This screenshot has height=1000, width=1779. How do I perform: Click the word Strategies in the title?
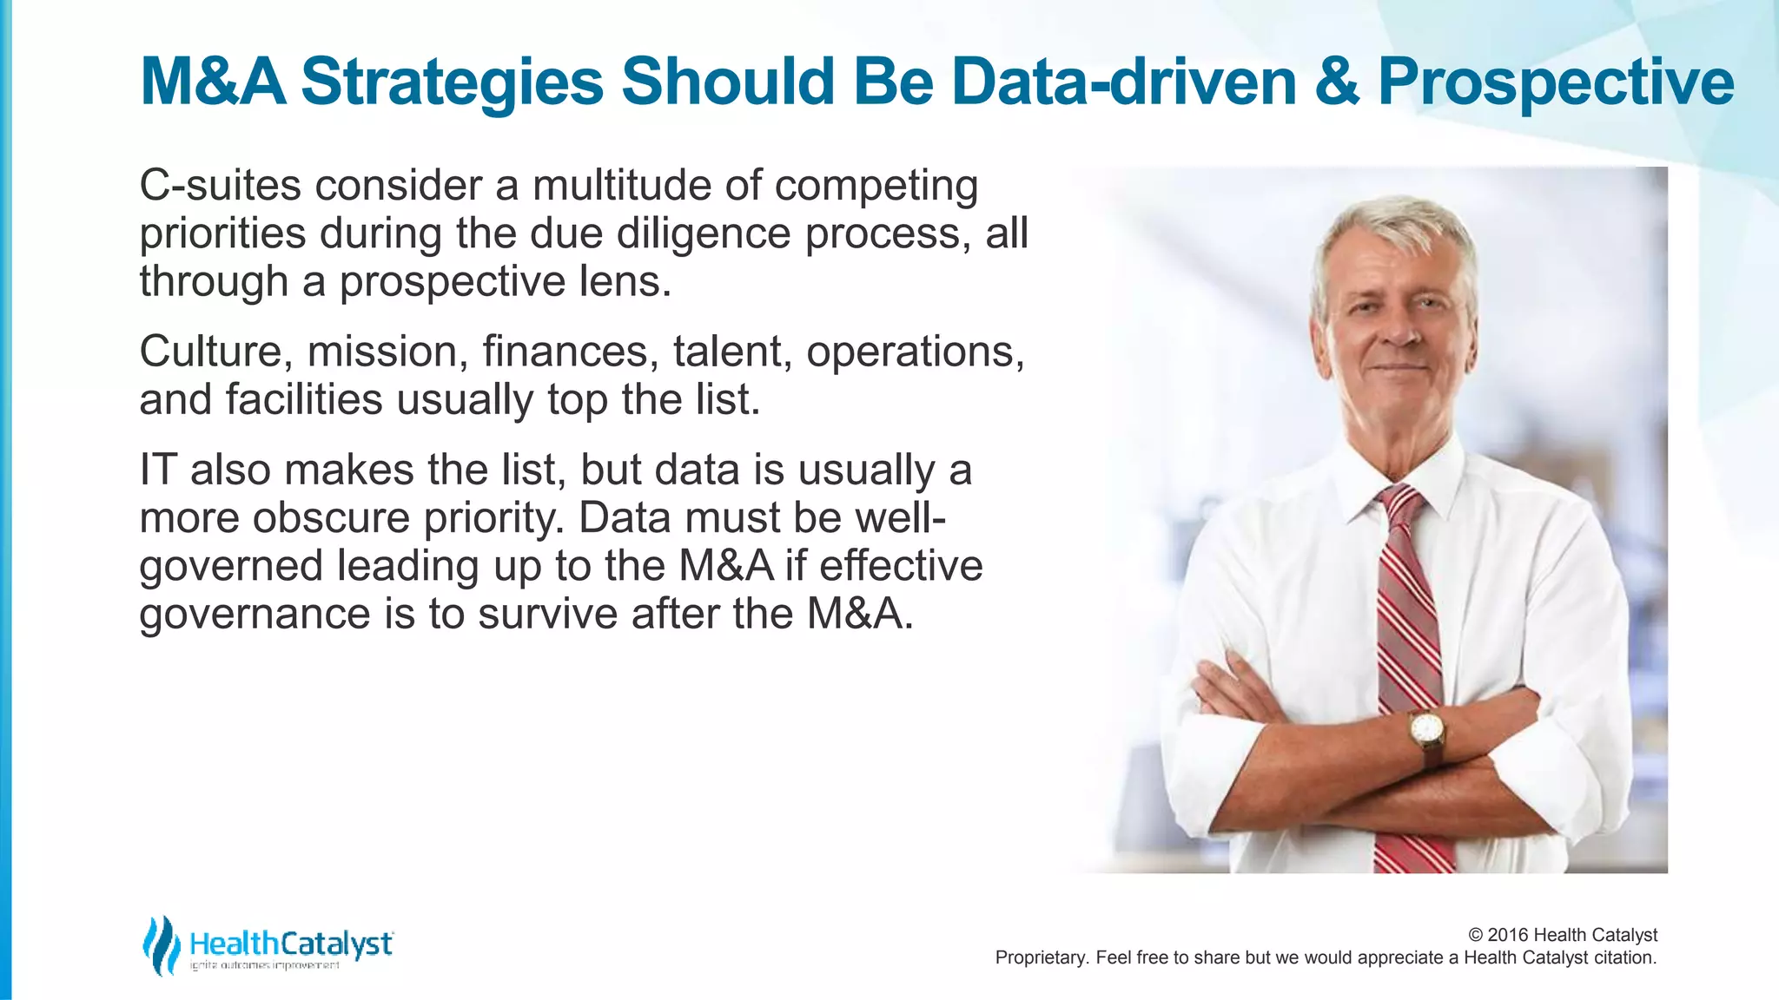[x=452, y=82]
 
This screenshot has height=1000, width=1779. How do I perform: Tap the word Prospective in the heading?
[x=1556, y=82]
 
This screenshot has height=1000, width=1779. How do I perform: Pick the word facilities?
[x=304, y=400]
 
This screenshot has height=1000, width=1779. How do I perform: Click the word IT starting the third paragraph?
[x=157, y=470]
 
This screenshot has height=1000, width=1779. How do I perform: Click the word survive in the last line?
[x=547, y=614]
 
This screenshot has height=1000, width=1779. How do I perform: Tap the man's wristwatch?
[x=1425, y=729]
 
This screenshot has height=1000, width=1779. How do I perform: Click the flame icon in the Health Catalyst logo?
[x=161, y=944]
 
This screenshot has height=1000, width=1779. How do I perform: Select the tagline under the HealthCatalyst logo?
[x=265, y=965]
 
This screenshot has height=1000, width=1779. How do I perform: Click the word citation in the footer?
[x=1624, y=958]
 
